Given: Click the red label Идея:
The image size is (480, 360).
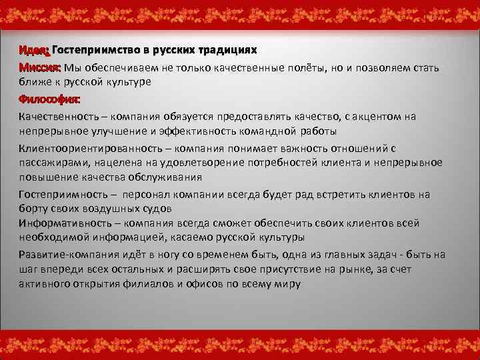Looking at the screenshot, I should coord(34,51).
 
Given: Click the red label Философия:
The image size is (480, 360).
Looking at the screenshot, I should coord(49,99).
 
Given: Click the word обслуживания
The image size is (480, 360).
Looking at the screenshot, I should coord(165,177).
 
